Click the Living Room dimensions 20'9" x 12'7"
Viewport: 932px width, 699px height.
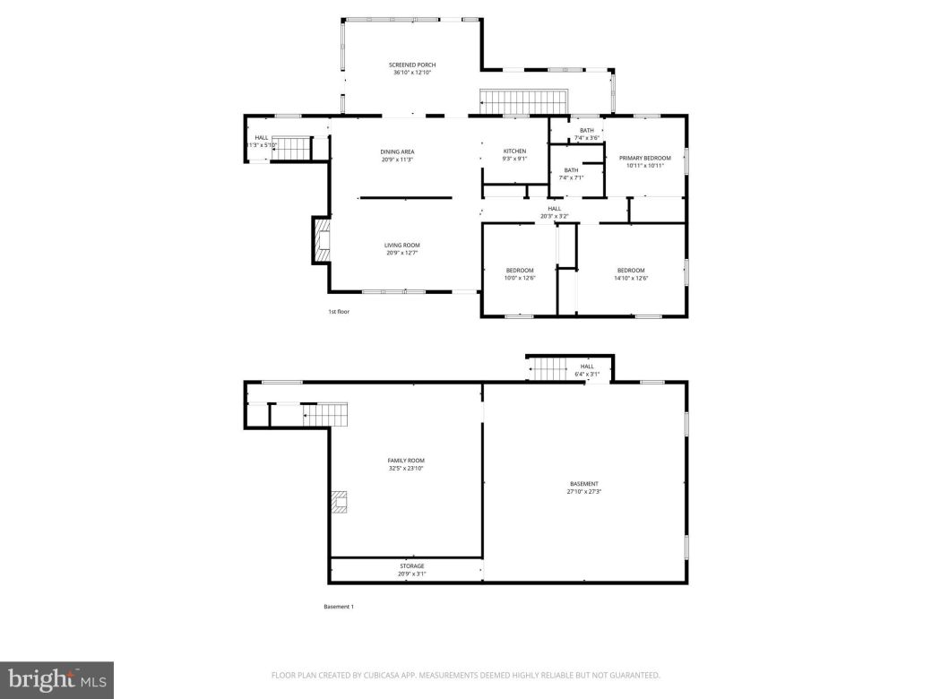[x=402, y=253]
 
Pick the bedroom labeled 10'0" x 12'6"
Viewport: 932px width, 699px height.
[x=520, y=274]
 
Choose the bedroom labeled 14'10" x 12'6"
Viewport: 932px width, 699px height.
[x=631, y=274]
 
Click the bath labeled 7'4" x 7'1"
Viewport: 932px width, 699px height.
[x=571, y=174]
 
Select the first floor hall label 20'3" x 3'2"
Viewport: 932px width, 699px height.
[x=554, y=212]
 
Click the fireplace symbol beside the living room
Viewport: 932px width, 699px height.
[x=322, y=240]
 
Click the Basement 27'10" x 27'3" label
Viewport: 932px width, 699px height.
[x=583, y=488]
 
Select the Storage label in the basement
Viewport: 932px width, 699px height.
[x=412, y=570]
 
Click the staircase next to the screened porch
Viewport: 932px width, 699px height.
[x=525, y=101]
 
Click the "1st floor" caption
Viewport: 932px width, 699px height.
[x=337, y=312]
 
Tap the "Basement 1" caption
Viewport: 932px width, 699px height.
[x=339, y=607]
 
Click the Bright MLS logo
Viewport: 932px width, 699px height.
[x=56, y=680]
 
